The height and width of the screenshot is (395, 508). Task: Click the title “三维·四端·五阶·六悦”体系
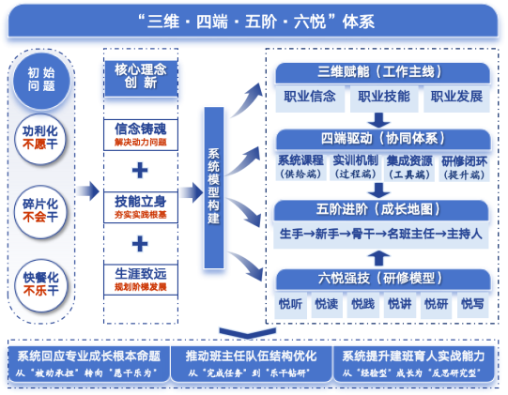click(254, 19)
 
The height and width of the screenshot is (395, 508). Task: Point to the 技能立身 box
click(139, 205)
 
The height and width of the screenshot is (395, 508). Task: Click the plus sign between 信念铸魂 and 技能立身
click(140, 170)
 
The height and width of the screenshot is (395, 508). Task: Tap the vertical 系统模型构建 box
click(214, 188)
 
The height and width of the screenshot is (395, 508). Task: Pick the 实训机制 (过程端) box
click(354, 166)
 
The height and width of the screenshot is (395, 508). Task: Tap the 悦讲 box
click(398, 303)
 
